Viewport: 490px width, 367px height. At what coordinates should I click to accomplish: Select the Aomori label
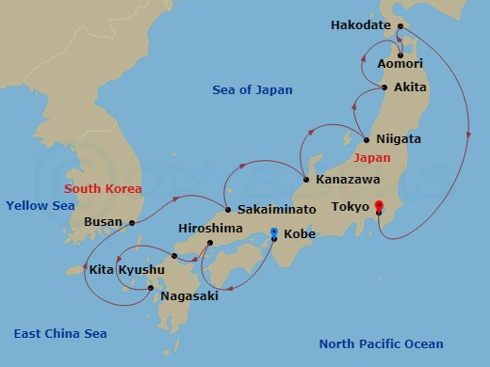(x=400, y=64)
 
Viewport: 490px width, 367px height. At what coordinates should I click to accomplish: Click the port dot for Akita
(x=383, y=88)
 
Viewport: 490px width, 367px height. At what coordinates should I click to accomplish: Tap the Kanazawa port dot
(x=306, y=179)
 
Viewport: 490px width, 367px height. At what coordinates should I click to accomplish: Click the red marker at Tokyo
(x=379, y=206)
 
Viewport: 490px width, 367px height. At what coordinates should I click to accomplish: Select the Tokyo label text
(x=350, y=206)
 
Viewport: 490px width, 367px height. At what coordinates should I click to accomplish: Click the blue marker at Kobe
(x=274, y=232)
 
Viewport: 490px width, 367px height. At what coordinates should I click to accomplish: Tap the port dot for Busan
(x=132, y=223)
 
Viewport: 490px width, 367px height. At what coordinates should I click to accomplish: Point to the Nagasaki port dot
(x=151, y=288)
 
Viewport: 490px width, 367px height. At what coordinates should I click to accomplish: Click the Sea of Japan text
(x=252, y=90)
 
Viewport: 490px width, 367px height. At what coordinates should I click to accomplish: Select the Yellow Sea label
(x=40, y=206)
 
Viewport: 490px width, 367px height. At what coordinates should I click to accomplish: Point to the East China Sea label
(x=60, y=334)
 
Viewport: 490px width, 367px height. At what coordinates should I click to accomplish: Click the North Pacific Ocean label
(x=381, y=343)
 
